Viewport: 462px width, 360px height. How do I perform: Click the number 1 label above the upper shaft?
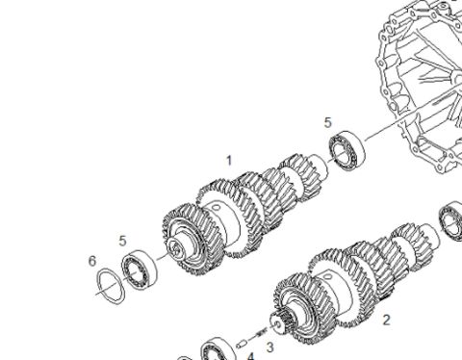click(x=229, y=161)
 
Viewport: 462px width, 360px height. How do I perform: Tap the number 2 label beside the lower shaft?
click(x=387, y=320)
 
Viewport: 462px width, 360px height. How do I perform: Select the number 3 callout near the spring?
click(x=270, y=347)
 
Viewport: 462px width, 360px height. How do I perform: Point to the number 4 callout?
click(x=250, y=356)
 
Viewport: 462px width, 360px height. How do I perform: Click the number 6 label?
click(x=92, y=261)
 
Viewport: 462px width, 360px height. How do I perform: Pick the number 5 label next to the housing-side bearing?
click(x=327, y=122)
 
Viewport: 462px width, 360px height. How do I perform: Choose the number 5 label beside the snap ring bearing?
click(x=122, y=241)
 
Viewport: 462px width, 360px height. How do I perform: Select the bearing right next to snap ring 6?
click(x=140, y=269)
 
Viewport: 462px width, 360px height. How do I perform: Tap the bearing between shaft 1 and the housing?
click(x=347, y=150)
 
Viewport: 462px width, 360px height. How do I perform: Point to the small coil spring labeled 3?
click(x=262, y=333)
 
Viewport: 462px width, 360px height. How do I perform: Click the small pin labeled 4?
click(x=241, y=345)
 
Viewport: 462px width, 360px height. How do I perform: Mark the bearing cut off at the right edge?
click(x=450, y=220)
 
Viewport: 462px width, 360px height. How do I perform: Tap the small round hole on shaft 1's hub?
click(x=216, y=207)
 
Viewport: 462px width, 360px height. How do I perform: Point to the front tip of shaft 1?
click(x=176, y=248)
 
